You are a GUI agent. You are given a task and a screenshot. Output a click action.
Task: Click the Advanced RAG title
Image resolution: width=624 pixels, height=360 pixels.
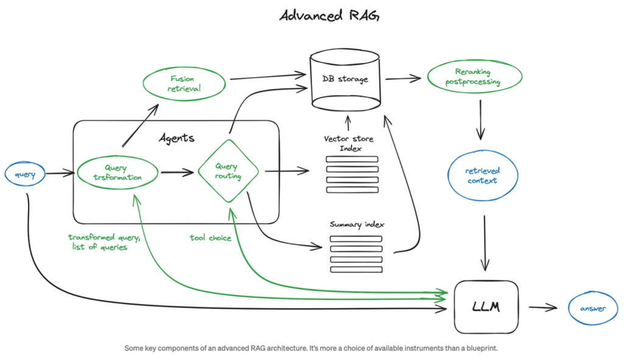pos(329,15)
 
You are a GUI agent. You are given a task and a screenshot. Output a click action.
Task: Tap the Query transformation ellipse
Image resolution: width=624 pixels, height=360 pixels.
pos(118,173)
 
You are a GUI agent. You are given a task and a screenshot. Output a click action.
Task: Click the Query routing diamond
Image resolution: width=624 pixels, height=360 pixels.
pos(228,171)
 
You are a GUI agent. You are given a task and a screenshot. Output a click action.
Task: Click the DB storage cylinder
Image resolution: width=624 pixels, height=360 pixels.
pos(345,80)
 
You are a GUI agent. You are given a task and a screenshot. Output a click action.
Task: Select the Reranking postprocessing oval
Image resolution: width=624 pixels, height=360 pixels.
pos(474,77)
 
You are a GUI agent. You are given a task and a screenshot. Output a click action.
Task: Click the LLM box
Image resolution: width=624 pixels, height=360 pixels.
pos(486,307)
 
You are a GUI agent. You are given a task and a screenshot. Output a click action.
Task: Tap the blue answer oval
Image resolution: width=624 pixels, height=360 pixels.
pos(592,309)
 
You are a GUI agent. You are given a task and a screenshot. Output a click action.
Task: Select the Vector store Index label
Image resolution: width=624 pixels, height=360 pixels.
pos(349,144)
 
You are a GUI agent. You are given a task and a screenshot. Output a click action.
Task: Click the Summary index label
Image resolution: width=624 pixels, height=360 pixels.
pos(356,224)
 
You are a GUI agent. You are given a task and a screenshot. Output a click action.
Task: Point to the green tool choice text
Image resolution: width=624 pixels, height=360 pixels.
pos(210,238)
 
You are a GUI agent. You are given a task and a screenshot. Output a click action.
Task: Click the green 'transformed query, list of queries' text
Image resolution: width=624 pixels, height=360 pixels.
pos(104,242)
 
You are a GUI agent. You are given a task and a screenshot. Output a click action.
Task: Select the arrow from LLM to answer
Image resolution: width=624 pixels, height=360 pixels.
pos(542,308)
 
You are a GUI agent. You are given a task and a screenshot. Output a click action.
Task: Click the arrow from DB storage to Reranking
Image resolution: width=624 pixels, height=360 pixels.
pos(404,78)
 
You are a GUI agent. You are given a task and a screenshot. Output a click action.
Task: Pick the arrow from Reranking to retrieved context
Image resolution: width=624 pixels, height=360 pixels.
pos(481,119)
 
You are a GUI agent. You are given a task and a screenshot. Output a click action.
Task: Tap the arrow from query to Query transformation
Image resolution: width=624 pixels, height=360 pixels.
pos(60,175)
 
